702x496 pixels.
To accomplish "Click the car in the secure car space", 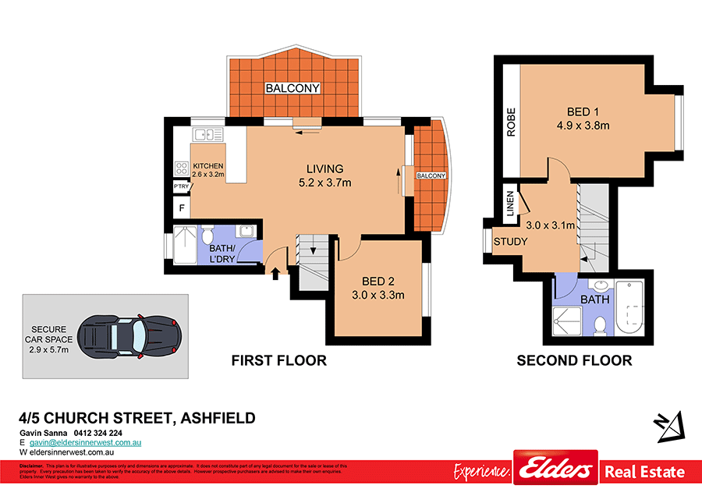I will (131, 337).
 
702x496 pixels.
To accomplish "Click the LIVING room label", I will (324, 169).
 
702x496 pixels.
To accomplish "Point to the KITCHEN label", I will (208, 166).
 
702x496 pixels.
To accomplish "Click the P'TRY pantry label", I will (181, 187).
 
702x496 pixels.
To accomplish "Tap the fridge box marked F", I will (182, 208).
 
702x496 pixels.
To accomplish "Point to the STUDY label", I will (511, 241).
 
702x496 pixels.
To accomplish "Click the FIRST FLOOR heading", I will (278, 360).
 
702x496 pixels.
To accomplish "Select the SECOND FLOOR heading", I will (574, 360).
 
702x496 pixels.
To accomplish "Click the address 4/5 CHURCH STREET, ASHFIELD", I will (137, 418).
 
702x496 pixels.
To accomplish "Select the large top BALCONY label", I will (292, 88).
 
